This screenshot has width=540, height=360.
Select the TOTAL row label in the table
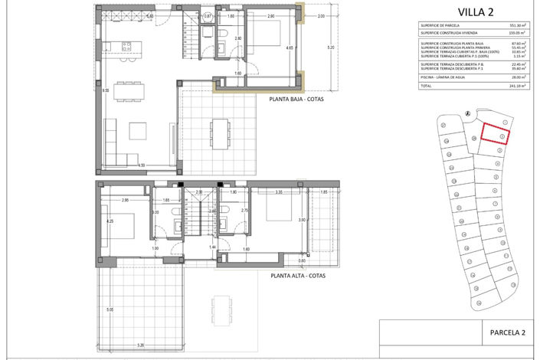pyautogui.click(x=425, y=87)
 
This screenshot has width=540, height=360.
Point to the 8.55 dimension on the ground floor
pyautogui.click(x=106, y=90)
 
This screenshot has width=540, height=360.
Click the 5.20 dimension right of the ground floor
pyautogui.click(x=329, y=47)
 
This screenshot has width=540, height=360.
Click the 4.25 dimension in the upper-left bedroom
pyautogui.click(x=110, y=222)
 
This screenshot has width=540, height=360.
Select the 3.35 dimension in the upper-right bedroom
pyautogui.click(x=280, y=192)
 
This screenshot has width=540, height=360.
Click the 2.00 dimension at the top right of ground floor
pyautogui.click(x=320, y=16)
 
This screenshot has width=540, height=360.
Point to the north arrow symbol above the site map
pyautogui.click(x=466, y=114)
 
